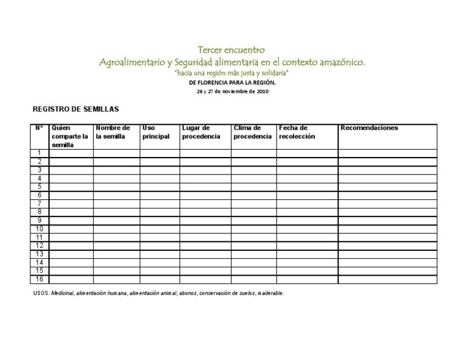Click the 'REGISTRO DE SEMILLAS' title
click(x=76, y=109)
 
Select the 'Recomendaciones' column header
click(x=369, y=128)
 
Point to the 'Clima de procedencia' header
click(x=252, y=132)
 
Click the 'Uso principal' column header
click(x=156, y=132)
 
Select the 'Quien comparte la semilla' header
click(x=70, y=136)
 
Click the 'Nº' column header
click(x=39, y=128)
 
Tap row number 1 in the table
click(x=39, y=153)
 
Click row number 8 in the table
click(x=39, y=212)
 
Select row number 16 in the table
click(x=39, y=279)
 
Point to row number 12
click(x=39, y=245)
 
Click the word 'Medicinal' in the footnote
click(x=62, y=293)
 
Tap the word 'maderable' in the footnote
click(x=270, y=293)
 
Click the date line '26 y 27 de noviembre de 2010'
click(x=232, y=92)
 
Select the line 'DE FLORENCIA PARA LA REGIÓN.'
click(x=232, y=82)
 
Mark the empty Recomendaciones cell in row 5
click(x=387, y=187)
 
